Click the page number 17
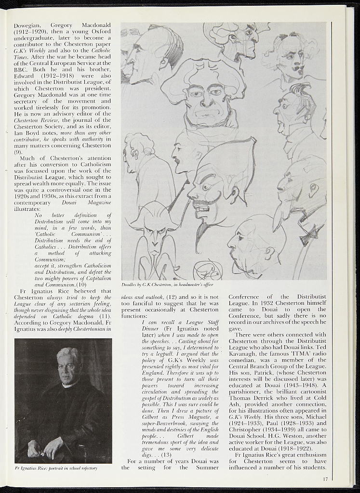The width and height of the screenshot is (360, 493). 326,479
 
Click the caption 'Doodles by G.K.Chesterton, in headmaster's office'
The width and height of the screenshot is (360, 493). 167,285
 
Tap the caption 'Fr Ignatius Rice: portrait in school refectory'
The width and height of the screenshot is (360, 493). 56,468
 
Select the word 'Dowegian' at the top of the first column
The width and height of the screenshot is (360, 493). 27,25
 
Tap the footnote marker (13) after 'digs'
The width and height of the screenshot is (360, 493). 167,454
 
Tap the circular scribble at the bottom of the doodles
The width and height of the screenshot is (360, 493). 207,272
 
